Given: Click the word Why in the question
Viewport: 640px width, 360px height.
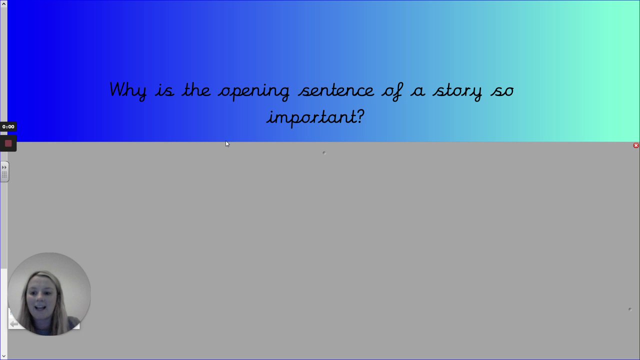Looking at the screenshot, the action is tap(128, 90).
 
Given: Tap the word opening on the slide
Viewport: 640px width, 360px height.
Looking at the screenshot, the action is tap(254, 91).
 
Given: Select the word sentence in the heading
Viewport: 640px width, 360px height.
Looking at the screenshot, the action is tap(336, 90).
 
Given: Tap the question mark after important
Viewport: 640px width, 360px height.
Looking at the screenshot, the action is tap(360, 116).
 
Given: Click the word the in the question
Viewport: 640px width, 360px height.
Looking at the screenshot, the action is tap(196, 89).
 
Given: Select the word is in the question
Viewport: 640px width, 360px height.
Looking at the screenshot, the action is tap(164, 90).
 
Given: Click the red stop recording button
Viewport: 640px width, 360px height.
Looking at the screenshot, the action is tap(8, 143).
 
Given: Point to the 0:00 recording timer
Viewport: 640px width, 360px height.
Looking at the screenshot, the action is tap(8, 126).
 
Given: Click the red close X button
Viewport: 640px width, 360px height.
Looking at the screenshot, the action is tap(636, 145).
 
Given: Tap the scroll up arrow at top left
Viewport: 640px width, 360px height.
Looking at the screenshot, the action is tap(3, 3).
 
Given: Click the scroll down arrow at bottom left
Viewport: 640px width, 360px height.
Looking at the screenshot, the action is tap(3, 356).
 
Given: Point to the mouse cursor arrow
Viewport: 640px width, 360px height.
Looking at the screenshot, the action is tap(227, 144).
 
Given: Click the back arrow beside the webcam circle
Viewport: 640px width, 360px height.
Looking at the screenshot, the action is tap(13, 324).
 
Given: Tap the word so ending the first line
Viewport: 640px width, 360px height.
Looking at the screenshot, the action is tap(502, 91).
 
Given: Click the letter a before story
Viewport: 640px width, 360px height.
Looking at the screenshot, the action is tap(417, 91).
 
